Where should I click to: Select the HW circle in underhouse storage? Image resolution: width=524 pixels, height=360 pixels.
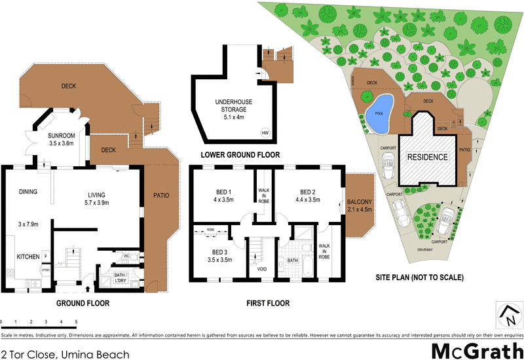(265, 133)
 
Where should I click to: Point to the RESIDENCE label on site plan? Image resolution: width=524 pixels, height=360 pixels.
(428, 157)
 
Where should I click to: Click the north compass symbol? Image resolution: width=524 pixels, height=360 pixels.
(507, 317)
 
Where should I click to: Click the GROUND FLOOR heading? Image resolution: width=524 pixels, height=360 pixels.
(83, 304)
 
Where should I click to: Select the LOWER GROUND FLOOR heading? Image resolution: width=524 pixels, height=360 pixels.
(241, 155)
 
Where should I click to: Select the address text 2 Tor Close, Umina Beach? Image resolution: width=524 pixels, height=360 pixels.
(65, 354)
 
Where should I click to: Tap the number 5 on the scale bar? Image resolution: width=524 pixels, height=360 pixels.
(76, 322)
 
